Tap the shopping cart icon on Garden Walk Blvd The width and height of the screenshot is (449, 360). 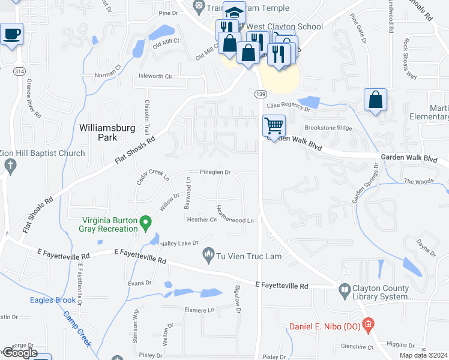[x=274, y=126]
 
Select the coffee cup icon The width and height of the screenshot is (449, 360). [x=11, y=34]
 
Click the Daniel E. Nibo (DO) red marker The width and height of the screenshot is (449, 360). [x=369, y=326]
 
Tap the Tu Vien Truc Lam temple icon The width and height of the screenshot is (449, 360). [x=209, y=255]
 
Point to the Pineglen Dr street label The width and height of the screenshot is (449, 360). [x=215, y=172]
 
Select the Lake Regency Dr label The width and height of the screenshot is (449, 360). [x=288, y=109]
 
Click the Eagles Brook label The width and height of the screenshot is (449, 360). [x=53, y=300]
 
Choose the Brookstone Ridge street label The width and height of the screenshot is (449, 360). [x=328, y=128]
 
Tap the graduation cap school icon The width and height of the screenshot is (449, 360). [x=233, y=12]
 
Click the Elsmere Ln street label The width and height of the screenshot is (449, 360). [x=199, y=310]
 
